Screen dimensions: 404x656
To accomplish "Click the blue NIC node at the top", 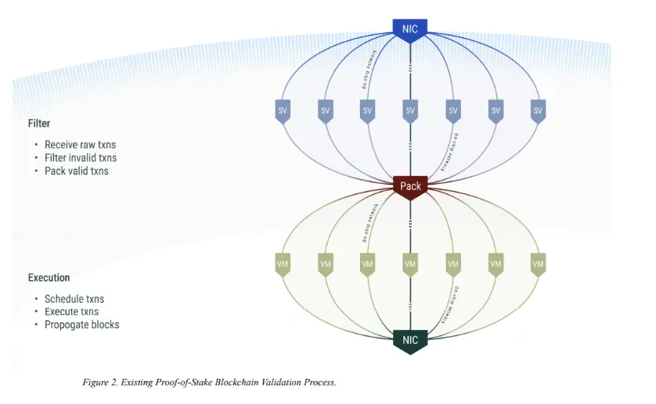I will tap(410, 30).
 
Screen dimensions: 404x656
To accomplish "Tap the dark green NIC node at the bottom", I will tap(410, 340).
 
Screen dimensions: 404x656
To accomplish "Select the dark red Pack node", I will tap(410, 186).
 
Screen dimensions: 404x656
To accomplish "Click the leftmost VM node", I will tap(283, 264).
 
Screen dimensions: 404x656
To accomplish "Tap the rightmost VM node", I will tap(538, 264).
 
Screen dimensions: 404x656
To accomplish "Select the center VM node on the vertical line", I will tap(410, 264).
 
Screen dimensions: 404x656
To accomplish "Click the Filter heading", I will tap(39, 124).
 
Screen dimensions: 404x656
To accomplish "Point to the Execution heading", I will tap(49, 278).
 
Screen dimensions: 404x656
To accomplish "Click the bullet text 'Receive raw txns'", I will tap(80, 145).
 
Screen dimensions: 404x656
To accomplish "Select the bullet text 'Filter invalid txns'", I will tap(81, 158).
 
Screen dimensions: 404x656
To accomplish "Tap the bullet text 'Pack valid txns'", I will tap(77, 170).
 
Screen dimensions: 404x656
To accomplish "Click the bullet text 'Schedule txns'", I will tap(74, 299).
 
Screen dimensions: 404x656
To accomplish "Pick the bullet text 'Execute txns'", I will tap(72, 312).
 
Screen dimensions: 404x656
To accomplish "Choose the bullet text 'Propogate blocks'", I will tap(82, 324).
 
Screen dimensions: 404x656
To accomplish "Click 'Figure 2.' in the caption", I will tap(99, 383).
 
